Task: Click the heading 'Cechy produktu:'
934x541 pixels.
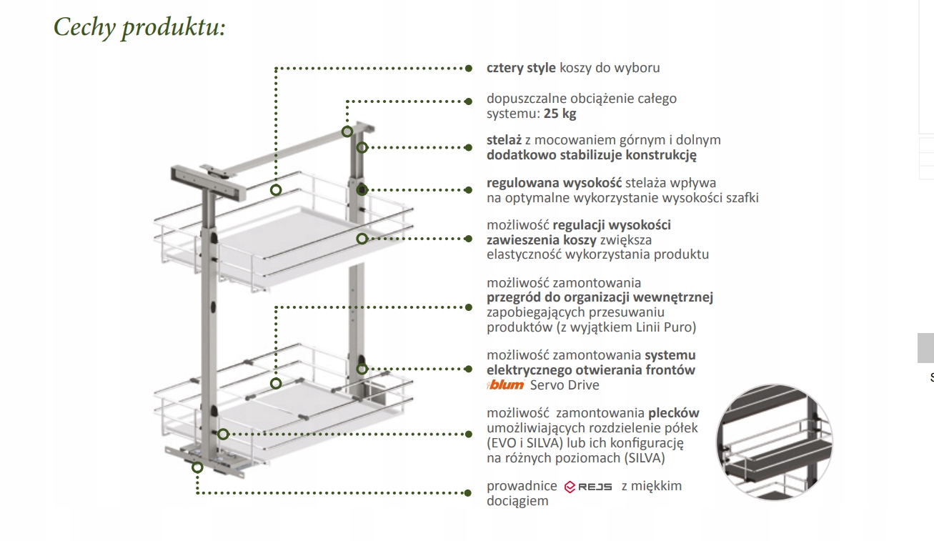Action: coord(139,27)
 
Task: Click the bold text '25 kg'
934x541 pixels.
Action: coord(560,114)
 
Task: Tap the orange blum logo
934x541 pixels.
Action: coord(506,385)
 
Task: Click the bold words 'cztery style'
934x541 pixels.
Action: coord(521,69)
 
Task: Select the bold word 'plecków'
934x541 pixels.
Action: coord(673,412)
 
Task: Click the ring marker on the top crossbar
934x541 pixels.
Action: coord(347,131)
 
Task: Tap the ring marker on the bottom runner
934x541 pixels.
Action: coord(197,467)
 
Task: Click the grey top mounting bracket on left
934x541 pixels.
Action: coord(207,180)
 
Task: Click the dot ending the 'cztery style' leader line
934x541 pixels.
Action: coord(469,69)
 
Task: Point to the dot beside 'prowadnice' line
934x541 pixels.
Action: coord(469,493)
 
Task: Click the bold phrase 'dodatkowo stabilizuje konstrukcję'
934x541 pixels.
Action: coord(591,155)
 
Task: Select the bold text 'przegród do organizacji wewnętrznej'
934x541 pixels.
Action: coord(600,297)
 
